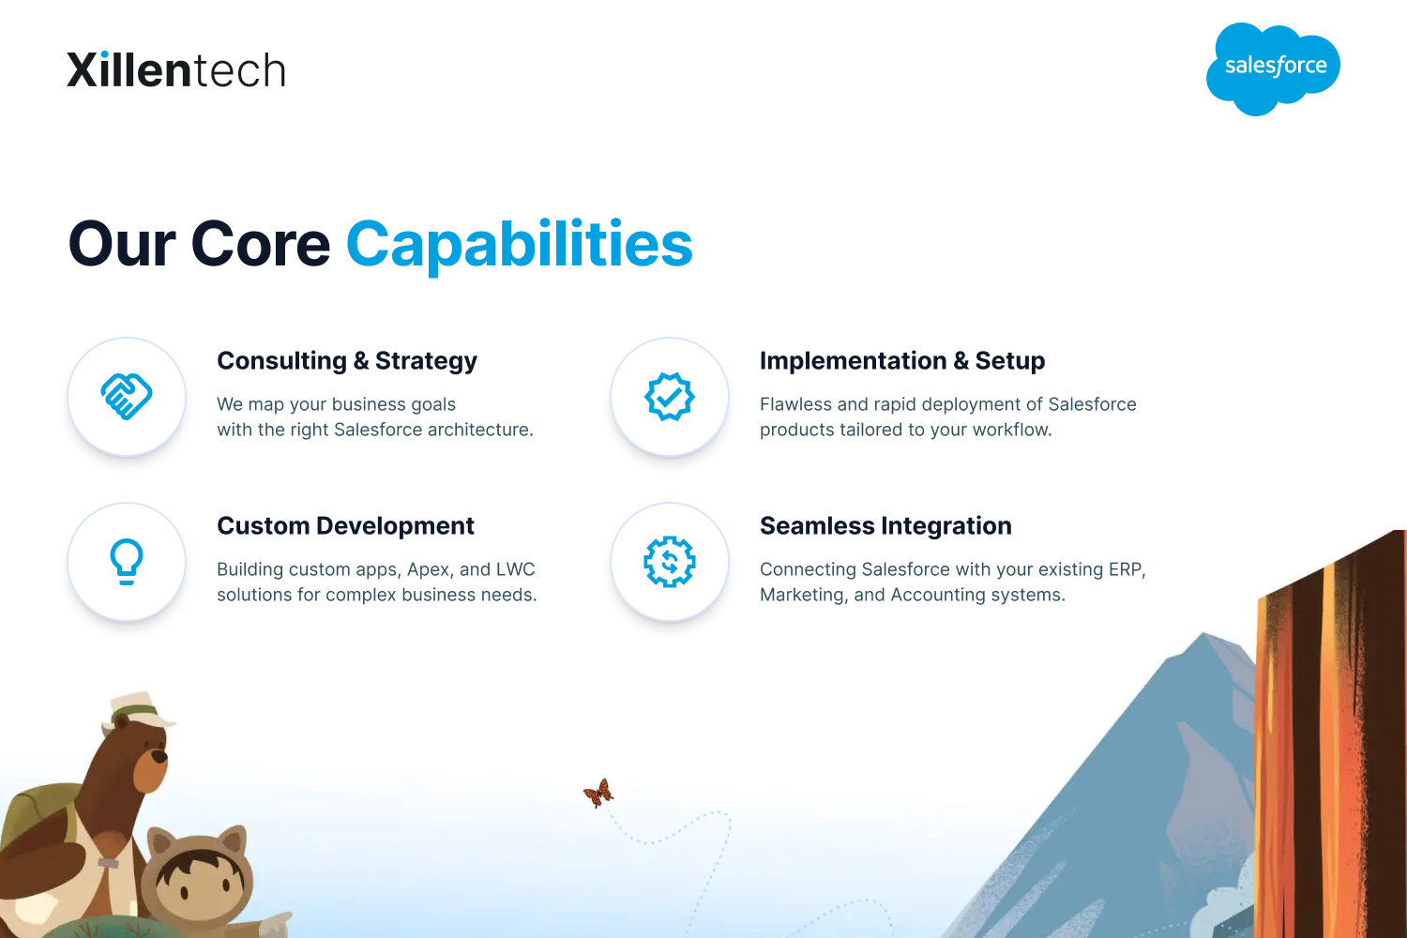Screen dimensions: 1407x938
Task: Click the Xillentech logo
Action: (x=176, y=69)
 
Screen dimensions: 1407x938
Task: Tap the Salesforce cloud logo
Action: (x=1273, y=68)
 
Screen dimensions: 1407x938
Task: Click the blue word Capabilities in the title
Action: (x=520, y=245)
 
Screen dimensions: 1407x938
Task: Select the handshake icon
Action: (x=127, y=397)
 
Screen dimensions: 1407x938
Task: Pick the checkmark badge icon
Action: (x=670, y=397)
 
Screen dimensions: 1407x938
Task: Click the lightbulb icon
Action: (x=127, y=562)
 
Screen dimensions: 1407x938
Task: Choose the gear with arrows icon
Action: (x=670, y=562)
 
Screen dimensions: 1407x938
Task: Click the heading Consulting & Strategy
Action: (x=347, y=361)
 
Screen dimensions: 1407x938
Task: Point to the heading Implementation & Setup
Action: (x=902, y=361)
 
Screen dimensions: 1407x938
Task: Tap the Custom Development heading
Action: (x=345, y=526)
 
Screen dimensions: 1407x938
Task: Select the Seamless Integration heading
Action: (x=885, y=526)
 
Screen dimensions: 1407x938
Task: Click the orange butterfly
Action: (x=598, y=793)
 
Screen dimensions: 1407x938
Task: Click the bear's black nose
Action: (x=161, y=756)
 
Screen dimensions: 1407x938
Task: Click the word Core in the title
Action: (x=260, y=245)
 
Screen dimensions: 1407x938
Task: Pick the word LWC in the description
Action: (x=515, y=569)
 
